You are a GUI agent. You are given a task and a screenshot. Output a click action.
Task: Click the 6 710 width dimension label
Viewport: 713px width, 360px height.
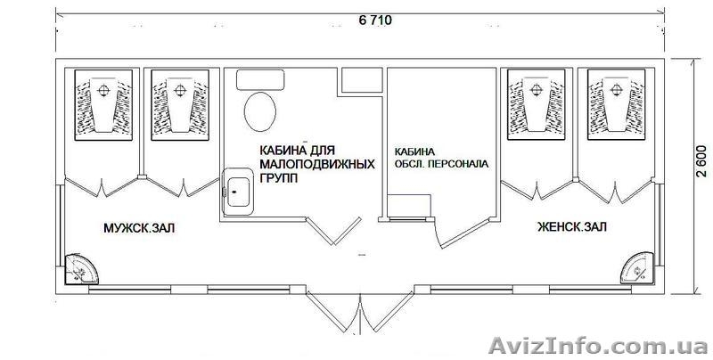375,20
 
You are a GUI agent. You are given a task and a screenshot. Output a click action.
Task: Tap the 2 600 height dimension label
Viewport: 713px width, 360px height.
701,161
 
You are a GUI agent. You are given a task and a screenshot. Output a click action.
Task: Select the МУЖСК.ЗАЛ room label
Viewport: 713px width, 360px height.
139,228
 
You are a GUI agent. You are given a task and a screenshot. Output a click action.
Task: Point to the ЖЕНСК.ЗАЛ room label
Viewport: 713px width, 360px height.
571,226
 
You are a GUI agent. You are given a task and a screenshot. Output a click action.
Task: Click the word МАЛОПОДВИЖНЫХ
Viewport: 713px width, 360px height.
317,164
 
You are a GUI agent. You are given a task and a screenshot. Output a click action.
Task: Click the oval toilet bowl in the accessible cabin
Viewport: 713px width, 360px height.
260,111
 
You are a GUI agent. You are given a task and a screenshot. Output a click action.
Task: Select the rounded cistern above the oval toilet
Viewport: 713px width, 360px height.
260,79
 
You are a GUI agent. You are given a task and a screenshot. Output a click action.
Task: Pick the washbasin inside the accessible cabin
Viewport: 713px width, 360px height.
237,192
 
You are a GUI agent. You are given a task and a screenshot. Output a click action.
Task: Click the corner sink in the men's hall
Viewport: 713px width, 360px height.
80,269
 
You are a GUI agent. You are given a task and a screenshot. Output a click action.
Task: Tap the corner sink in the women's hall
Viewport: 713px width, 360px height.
638,267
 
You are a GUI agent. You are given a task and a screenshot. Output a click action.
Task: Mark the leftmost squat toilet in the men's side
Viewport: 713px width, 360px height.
103,105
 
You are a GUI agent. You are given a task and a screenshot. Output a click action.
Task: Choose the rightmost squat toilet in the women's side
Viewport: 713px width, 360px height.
616,104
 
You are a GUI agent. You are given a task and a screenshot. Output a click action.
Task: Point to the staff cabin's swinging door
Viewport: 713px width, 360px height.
461,233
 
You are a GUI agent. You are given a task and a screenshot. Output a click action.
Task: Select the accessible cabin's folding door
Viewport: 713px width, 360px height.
333,231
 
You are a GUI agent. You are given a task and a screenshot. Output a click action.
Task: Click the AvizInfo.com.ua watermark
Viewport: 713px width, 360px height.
598,346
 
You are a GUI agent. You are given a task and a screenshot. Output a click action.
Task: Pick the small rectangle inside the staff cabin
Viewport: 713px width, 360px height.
408,206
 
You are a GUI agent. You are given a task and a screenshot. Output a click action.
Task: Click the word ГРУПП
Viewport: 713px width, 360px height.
279,178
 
